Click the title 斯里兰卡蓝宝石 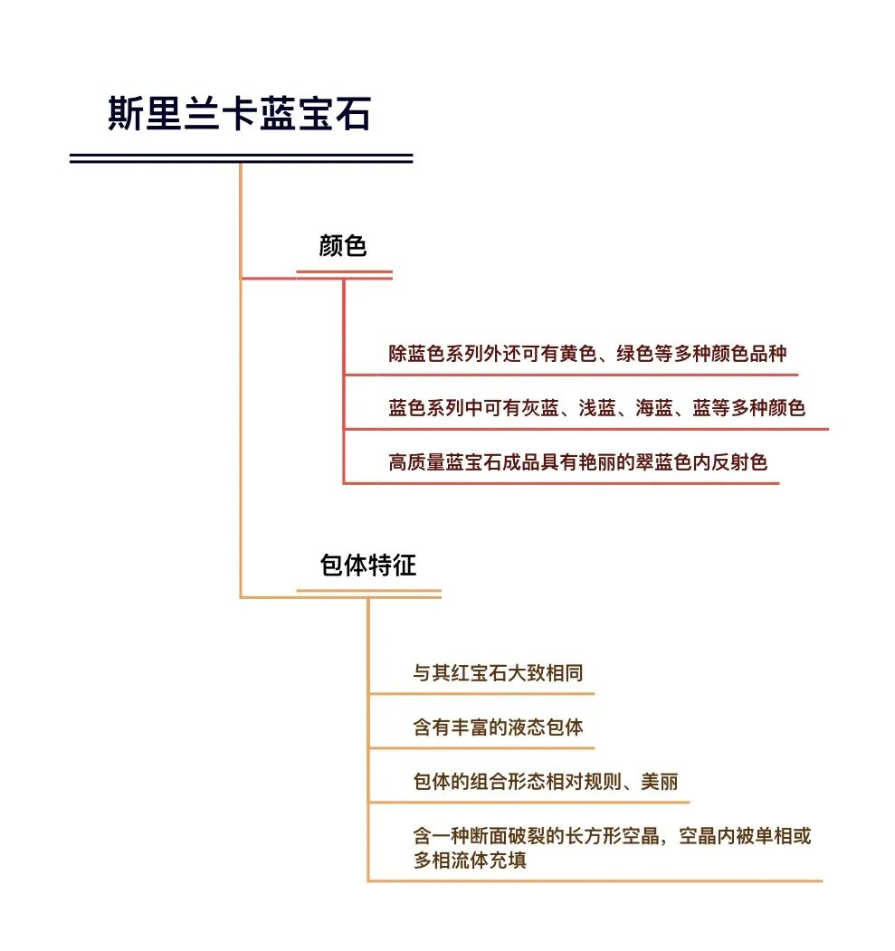pos(239,113)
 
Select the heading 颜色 pos(343,245)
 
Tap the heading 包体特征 pos(367,565)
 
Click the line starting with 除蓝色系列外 pos(587,353)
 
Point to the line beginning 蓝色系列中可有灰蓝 pos(596,407)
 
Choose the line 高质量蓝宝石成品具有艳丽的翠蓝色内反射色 pos(578,462)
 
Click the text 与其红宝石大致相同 pos(498,672)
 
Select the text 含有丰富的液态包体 pos(498,727)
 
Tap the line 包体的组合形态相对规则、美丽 pos(545,781)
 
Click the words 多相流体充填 pos(470,860)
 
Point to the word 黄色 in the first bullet pos(578,353)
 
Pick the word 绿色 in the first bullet pos(635,353)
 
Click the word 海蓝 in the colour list pos(653,407)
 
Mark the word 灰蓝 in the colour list pos(540,407)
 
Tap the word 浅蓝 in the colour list pos(596,407)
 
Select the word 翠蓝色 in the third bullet pos(663,462)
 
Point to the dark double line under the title pos(242,158)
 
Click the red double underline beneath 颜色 pos(345,275)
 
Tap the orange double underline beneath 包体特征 pos(368,594)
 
